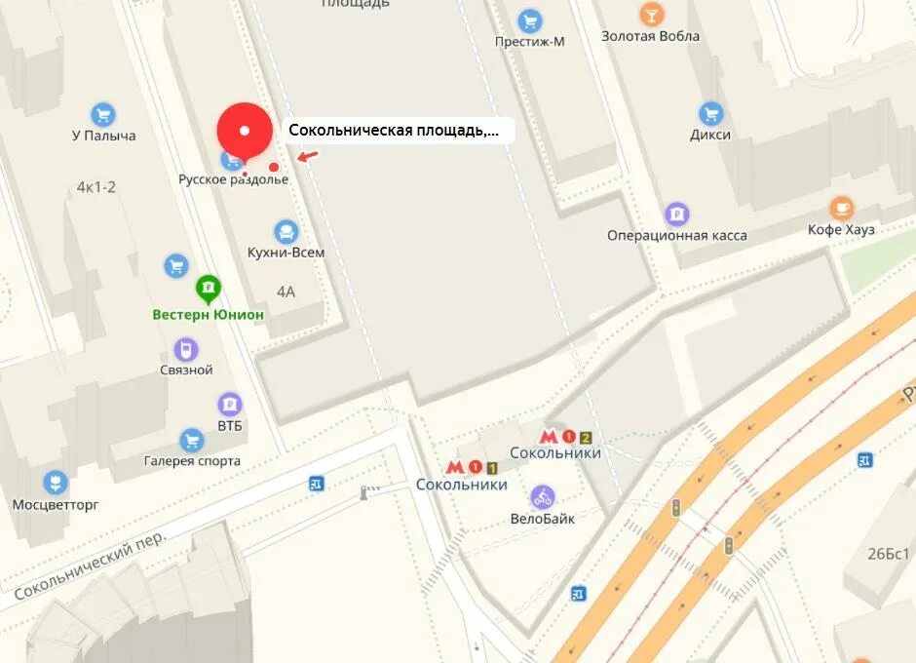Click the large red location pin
coord(244,131)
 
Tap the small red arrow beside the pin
coord(307,156)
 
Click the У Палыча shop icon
coord(102,115)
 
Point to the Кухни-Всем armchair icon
coord(286,232)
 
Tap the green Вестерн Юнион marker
coord(208,289)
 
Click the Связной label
coord(186,370)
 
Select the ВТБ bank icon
coord(230,404)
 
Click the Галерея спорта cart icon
coord(192,441)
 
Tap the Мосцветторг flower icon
coord(57,483)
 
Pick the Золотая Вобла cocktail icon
coord(651,15)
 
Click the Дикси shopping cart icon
coord(710,114)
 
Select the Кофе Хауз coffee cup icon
coord(841,208)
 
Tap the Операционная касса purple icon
coord(676,214)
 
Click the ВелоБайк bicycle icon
coord(543,497)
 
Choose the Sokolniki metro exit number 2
coord(585,438)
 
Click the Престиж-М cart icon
coord(530,20)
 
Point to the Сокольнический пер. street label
coord(91,566)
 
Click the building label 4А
coord(286,291)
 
